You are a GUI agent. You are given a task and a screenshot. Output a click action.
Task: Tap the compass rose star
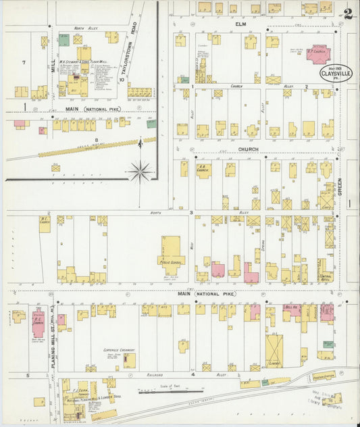[140, 170]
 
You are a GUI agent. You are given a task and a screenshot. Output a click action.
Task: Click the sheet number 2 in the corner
[346, 14]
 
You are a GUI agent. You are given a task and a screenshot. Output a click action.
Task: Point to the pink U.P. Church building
[317, 53]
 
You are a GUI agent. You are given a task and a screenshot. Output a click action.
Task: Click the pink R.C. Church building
[38, 324]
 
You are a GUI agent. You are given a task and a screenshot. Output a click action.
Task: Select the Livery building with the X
[275, 349]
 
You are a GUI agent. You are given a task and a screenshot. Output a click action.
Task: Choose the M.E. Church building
[45, 225]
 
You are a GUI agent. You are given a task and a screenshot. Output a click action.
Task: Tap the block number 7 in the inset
[23, 62]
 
